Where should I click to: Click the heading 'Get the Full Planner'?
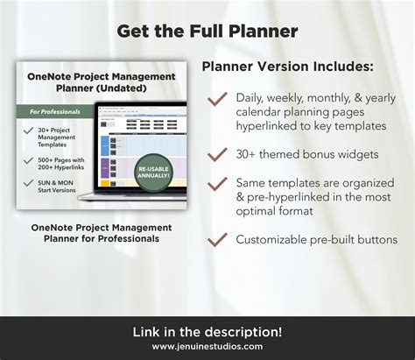207,32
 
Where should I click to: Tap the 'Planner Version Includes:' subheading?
285,67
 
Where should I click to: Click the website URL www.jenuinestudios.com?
207,346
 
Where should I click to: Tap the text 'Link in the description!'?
207,331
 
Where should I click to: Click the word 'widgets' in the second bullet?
356,155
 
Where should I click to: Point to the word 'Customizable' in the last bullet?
270,238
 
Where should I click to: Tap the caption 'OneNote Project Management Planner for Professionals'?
101,232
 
